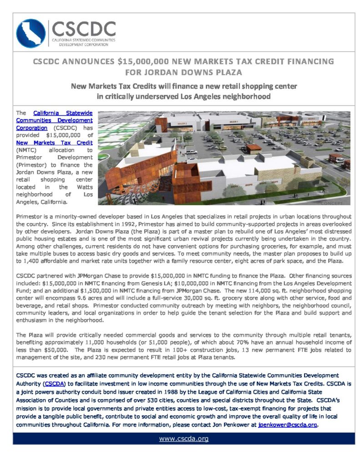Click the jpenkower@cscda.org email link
click(287, 425)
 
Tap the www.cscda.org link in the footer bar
click(183, 439)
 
